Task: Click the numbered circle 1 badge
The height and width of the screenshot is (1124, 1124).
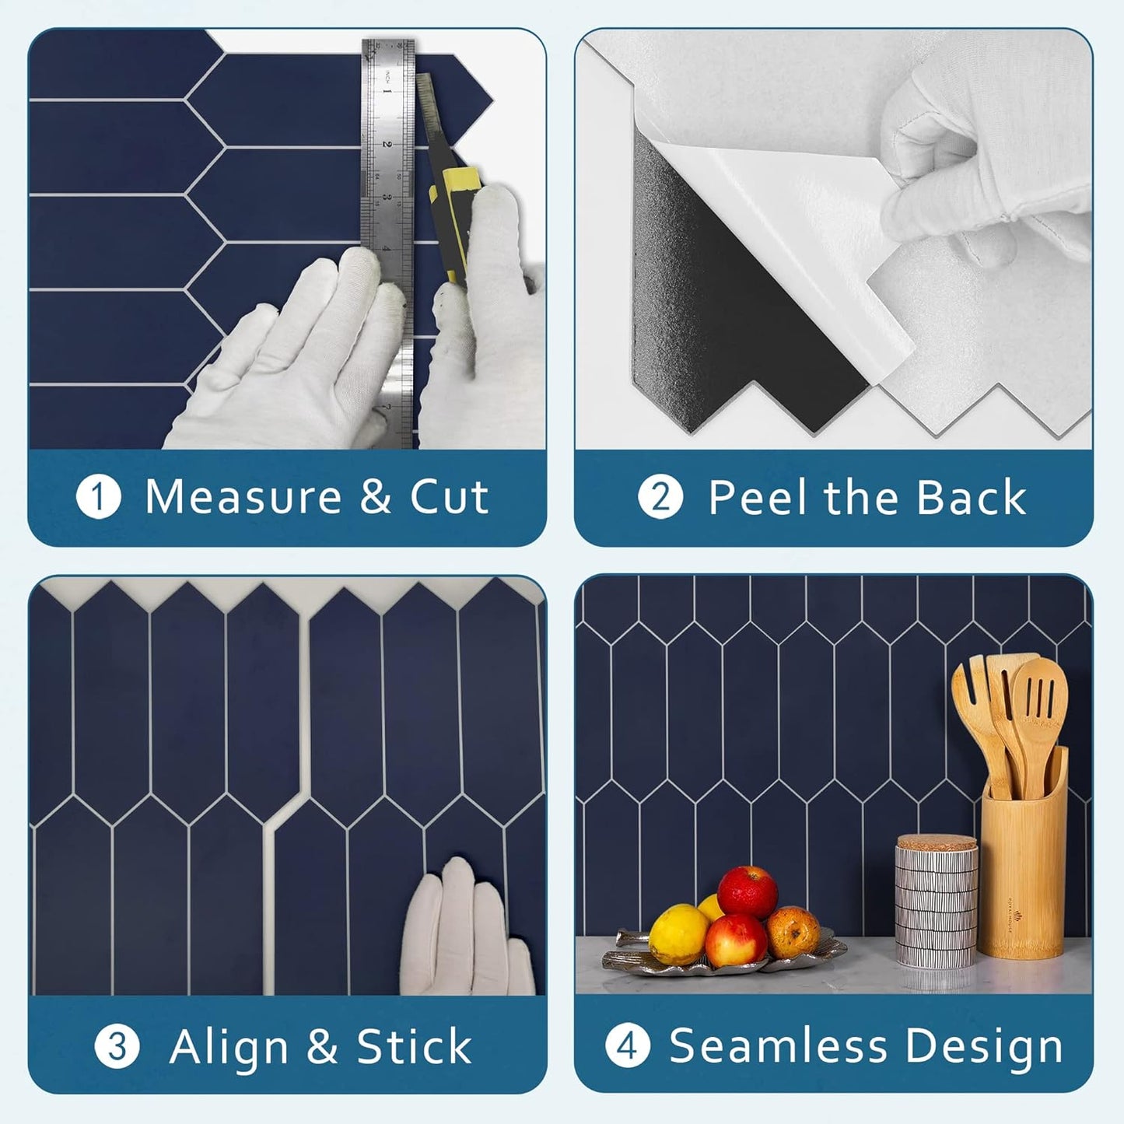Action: pos(99,497)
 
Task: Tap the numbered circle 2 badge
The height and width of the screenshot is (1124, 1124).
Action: pos(660,497)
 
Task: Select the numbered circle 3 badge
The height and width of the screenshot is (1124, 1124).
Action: pos(117,1046)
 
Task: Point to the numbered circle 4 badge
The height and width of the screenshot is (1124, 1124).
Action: pos(627,1046)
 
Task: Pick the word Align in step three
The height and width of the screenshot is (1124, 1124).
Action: pos(229,1046)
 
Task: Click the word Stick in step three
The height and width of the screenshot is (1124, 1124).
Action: pos(414,1046)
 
